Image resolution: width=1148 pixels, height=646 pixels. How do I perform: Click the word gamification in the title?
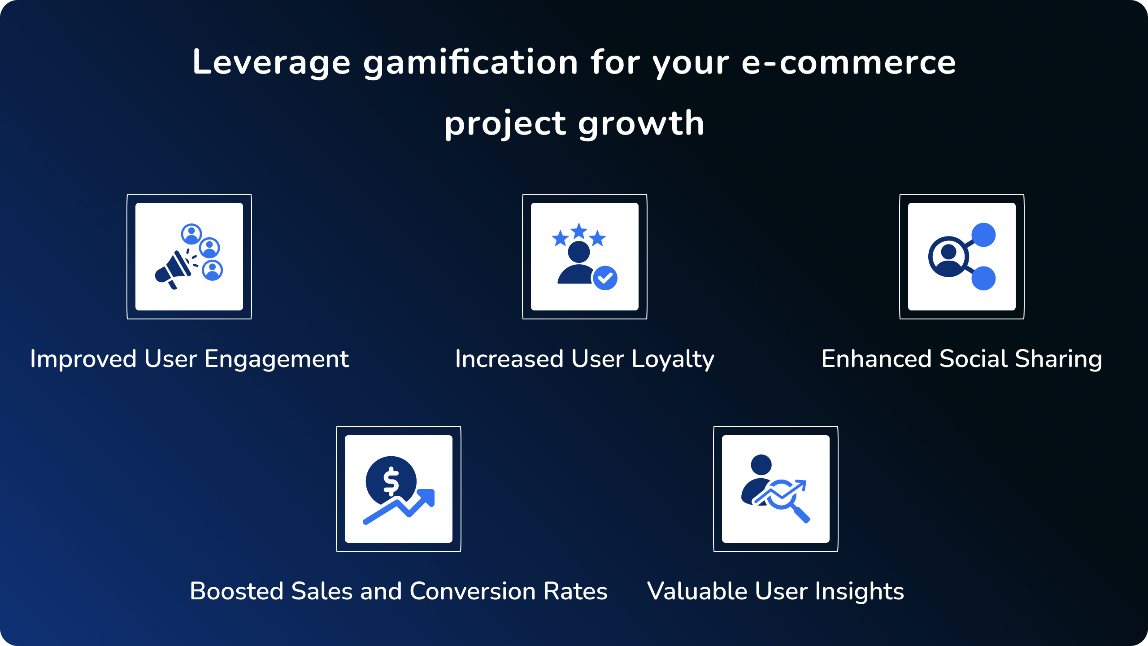coord(470,63)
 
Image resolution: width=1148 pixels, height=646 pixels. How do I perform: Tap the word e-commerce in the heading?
coord(848,62)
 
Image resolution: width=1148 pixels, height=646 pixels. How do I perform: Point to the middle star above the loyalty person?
coord(579,231)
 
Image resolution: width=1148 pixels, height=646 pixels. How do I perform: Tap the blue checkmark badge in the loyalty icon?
coord(605,278)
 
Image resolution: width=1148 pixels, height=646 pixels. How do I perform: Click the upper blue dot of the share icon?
coord(983,235)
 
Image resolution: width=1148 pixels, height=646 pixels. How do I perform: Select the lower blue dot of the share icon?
coord(983,278)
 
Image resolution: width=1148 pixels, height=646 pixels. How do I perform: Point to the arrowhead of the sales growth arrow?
coord(426,497)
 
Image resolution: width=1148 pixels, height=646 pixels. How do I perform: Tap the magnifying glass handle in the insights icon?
coord(801,514)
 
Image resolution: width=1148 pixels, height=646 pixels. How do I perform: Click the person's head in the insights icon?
coord(761,464)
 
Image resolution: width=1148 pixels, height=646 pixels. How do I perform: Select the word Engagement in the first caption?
coord(277,359)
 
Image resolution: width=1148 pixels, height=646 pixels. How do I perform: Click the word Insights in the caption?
coord(859,592)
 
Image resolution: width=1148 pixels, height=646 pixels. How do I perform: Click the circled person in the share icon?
coord(948,257)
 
